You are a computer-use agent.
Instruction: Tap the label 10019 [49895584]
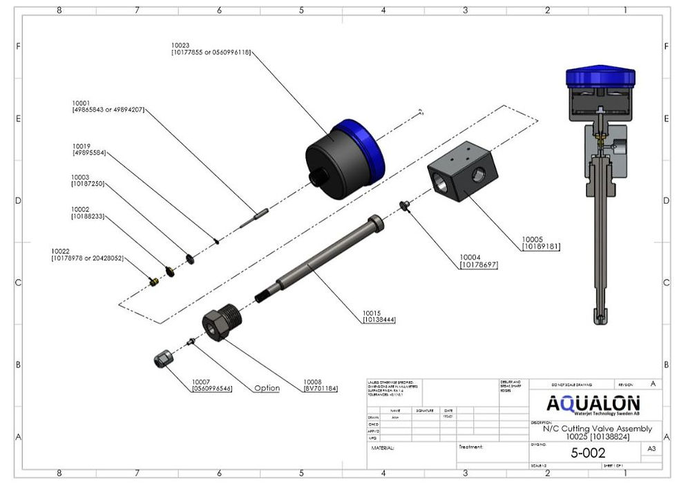(x=89, y=149)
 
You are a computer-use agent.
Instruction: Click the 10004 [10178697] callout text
(x=478, y=261)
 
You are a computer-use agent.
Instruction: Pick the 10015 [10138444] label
(x=379, y=316)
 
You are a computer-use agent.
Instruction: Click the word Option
(x=267, y=388)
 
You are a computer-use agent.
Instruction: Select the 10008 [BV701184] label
(x=321, y=385)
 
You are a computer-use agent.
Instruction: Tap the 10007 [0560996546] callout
(x=212, y=385)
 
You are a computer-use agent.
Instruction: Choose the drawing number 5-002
(x=588, y=453)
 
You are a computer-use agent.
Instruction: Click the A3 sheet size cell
(x=650, y=449)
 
